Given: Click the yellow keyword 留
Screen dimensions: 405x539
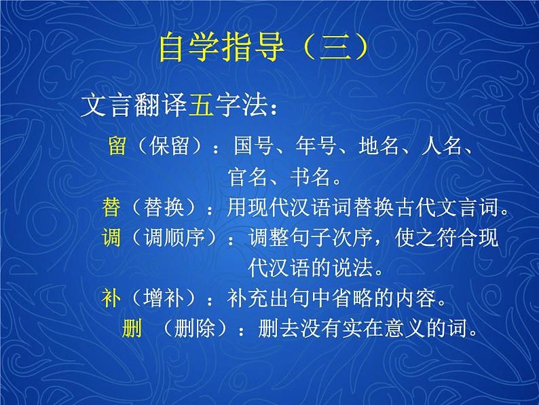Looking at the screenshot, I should (x=117, y=146).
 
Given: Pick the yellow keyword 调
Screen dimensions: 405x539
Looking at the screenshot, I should (x=112, y=238).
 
